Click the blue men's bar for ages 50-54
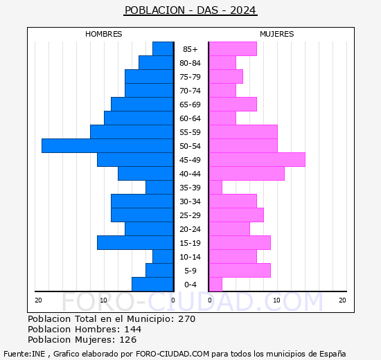point(107,146)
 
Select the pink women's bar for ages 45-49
point(257,160)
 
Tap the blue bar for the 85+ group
point(163,49)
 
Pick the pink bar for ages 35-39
point(215,188)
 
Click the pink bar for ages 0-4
point(215,285)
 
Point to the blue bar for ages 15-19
point(135,243)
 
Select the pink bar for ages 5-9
point(240,271)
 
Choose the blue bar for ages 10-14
point(163,257)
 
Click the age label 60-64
point(190,118)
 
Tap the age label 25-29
point(190,215)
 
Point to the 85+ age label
point(190,49)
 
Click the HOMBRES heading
point(104,34)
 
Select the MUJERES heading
point(277,34)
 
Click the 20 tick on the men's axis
point(38,300)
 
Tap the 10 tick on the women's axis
point(277,300)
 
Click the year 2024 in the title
point(242,10)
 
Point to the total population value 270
point(186,318)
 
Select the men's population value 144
point(133,329)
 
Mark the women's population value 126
point(128,340)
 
